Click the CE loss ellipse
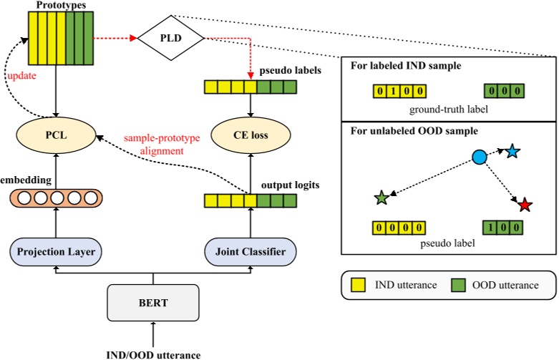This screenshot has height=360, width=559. tap(250, 134)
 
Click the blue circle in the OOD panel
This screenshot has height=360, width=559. tap(479, 156)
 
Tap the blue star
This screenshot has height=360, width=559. tap(512, 151)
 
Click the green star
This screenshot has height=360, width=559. tap(381, 196)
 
